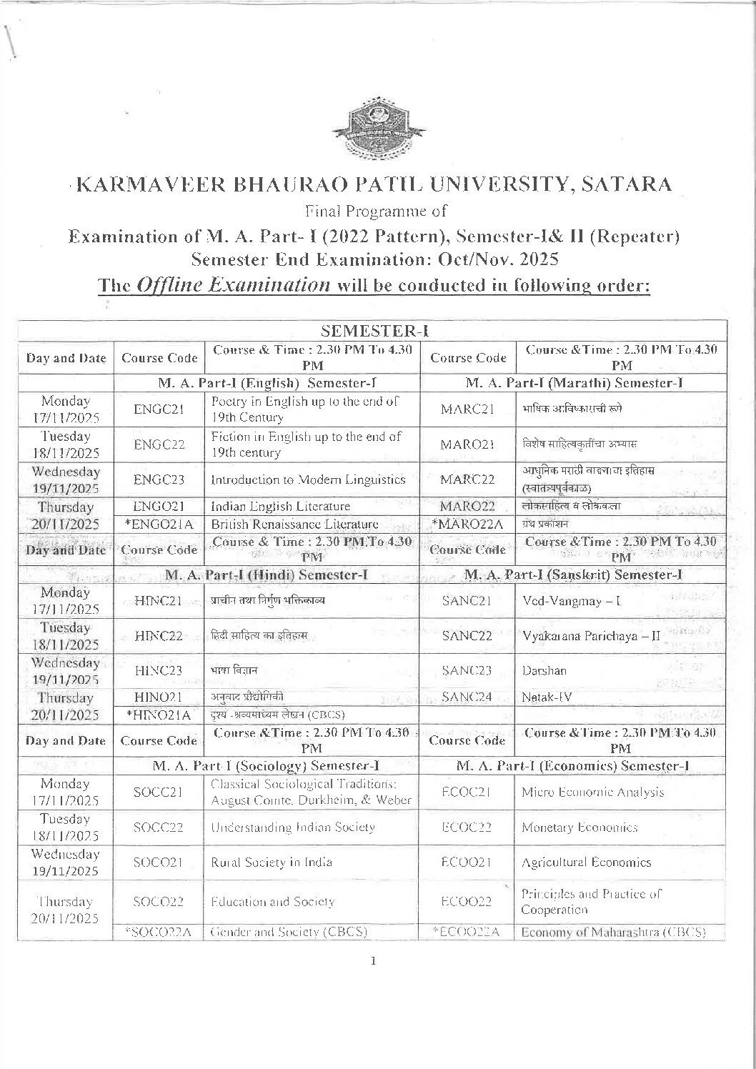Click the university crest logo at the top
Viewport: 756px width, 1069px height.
(x=377, y=129)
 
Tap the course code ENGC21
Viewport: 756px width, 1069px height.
(x=159, y=409)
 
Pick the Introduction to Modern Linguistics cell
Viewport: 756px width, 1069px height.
(x=308, y=479)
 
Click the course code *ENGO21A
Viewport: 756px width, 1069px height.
(x=159, y=524)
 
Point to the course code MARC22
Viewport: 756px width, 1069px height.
(x=468, y=479)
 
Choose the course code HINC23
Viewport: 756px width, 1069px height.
(x=159, y=670)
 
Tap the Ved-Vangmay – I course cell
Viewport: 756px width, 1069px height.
(x=572, y=600)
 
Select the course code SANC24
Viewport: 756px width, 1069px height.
(x=467, y=697)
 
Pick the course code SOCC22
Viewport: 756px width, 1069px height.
(x=159, y=827)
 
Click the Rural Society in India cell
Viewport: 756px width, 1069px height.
(x=272, y=862)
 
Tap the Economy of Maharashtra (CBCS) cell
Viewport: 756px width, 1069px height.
(x=613, y=932)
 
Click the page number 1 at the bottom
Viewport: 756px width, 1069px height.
(x=373, y=961)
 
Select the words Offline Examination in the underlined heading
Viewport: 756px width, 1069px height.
(x=229, y=285)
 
